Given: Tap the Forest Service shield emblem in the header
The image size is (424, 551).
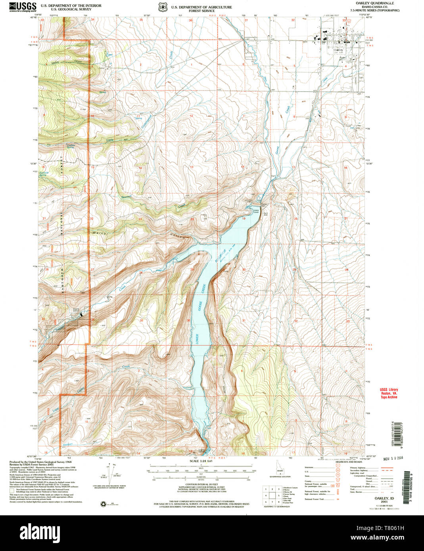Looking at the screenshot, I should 162,7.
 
